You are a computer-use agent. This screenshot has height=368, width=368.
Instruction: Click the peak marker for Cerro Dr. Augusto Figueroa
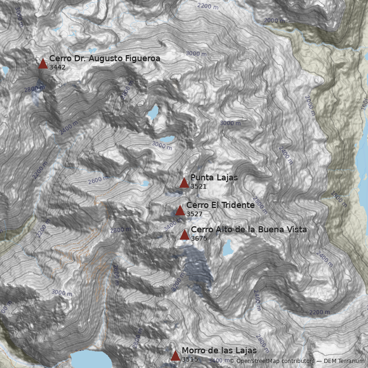click(x=43, y=63)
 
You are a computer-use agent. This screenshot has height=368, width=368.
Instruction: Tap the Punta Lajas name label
click(x=214, y=178)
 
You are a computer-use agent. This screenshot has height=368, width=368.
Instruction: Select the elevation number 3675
click(x=199, y=238)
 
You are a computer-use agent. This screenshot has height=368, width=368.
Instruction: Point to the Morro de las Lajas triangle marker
click(x=175, y=356)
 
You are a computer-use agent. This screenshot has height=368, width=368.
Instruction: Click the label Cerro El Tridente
click(x=220, y=205)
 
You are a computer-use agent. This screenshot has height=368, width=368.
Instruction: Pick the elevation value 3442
click(x=57, y=67)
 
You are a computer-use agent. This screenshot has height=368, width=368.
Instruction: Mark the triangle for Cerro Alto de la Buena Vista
click(x=184, y=235)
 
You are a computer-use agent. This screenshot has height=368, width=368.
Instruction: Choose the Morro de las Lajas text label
click(x=219, y=351)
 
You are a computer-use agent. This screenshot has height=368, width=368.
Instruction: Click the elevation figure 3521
click(x=198, y=187)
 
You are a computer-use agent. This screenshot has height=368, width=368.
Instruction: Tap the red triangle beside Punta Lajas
click(x=184, y=183)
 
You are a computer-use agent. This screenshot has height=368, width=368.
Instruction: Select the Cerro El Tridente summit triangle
click(x=180, y=211)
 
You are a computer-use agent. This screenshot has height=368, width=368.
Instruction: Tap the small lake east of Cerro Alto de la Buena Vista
click(x=228, y=248)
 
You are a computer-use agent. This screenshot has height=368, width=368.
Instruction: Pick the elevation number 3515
click(x=190, y=359)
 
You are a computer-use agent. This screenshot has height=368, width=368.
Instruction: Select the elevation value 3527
click(x=194, y=214)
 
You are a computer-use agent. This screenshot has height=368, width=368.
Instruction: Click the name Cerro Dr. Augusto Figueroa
click(x=104, y=58)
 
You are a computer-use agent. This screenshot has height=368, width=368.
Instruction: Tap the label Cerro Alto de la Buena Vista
click(x=248, y=230)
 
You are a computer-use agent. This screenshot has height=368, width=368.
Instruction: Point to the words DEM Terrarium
click(x=344, y=362)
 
